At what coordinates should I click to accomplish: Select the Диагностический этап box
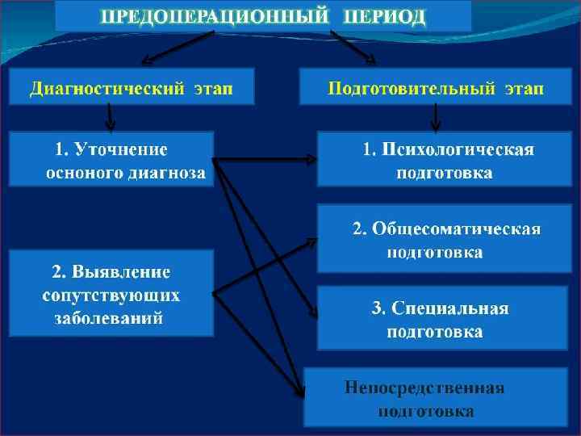[x=132, y=87]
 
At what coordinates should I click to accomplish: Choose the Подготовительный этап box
[x=436, y=87]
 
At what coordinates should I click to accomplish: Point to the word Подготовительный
[x=411, y=88]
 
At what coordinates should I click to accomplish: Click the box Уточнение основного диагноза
[x=111, y=160]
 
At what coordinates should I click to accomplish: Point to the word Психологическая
[x=459, y=149]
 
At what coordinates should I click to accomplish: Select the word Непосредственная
[x=424, y=388]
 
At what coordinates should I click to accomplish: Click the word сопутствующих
[x=111, y=295]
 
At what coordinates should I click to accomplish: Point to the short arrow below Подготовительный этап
[x=437, y=118]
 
